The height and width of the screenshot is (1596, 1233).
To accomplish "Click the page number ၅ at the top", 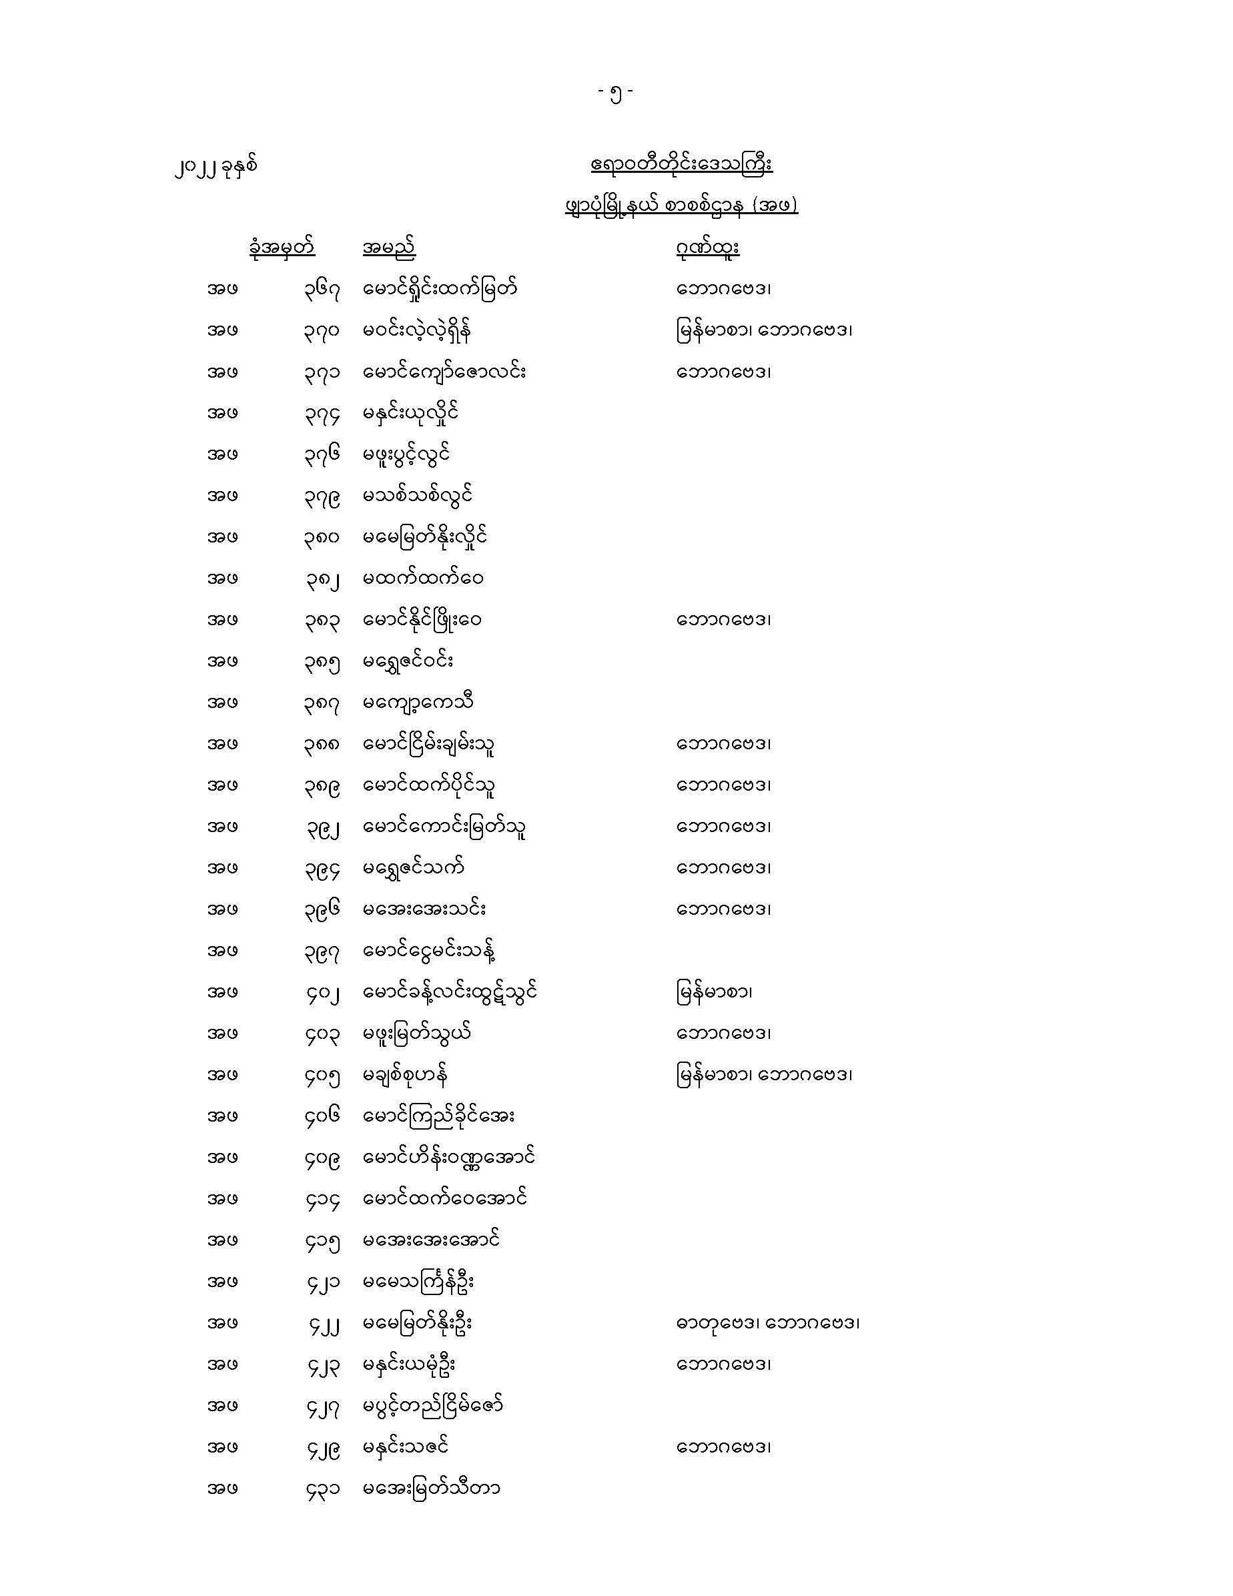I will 615,93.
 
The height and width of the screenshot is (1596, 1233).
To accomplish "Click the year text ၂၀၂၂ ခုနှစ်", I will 216,167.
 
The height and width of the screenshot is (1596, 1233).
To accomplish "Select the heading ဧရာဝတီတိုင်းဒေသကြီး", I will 681,164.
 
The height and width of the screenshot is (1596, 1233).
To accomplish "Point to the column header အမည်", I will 389,248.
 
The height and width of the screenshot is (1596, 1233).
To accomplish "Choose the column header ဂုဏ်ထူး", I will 707,248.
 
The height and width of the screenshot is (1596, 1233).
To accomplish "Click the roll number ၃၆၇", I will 322,290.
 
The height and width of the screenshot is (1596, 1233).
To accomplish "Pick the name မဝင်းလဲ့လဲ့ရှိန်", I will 417,331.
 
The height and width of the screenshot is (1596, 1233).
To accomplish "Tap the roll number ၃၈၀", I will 322,538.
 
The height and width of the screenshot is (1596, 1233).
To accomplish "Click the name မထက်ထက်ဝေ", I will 423,578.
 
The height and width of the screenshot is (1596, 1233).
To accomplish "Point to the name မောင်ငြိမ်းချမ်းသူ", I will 430,745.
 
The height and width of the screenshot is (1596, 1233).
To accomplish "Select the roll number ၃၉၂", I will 322,827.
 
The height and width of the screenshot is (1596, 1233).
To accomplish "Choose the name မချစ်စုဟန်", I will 406,1075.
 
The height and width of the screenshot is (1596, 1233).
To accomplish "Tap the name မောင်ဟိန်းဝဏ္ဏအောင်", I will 449,1158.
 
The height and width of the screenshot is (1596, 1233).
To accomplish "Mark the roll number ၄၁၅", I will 322,1241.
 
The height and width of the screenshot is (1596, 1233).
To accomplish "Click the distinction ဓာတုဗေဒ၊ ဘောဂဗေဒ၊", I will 767,1323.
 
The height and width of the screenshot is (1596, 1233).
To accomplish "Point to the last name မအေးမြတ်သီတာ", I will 431,1489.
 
